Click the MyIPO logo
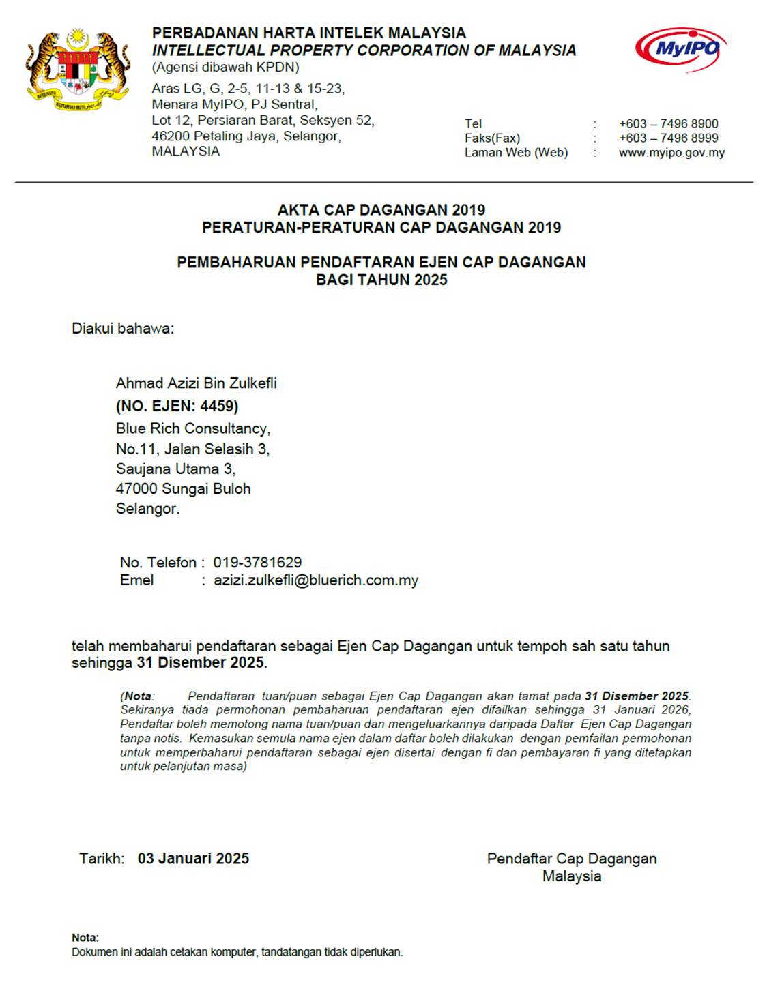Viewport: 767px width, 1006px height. point(680,49)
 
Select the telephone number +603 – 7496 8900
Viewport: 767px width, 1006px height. point(668,123)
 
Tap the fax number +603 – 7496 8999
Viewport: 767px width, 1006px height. point(668,138)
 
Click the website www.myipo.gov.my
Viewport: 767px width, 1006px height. point(671,153)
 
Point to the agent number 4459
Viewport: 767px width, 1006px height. point(217,406)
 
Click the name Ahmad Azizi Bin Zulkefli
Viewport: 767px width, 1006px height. point(196,383)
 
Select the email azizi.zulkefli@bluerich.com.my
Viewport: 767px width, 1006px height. point(315,580)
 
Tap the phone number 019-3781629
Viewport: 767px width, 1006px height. point(257,563)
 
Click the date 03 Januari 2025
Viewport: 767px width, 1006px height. point(193,859)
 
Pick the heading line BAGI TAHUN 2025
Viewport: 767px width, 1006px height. point(381,280)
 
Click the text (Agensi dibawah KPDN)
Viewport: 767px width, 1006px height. point(225,67)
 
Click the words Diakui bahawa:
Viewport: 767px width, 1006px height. point(123,329)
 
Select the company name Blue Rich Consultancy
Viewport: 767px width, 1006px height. point(192,428)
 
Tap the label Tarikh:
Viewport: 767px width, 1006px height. point(102,859)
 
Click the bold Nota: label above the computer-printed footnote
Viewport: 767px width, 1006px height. point(85,938)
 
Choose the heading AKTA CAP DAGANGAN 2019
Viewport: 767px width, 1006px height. point(381,210)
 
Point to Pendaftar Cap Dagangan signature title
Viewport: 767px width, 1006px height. point(572,859)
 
